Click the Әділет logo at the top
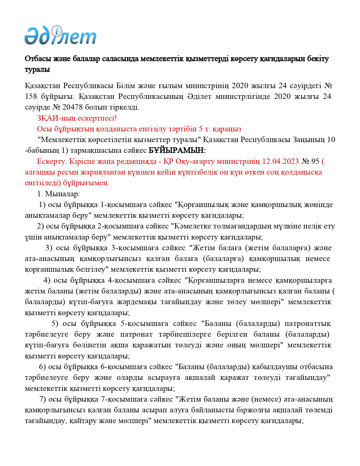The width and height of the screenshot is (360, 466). (x=60, y=36)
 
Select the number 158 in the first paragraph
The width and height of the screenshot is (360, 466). (x=31, y=97)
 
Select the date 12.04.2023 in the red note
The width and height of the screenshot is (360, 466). (x=280, y=161)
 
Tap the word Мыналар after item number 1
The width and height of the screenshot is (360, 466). (x=62, y=194)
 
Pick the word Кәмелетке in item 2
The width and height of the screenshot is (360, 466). (x=192, y=226)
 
